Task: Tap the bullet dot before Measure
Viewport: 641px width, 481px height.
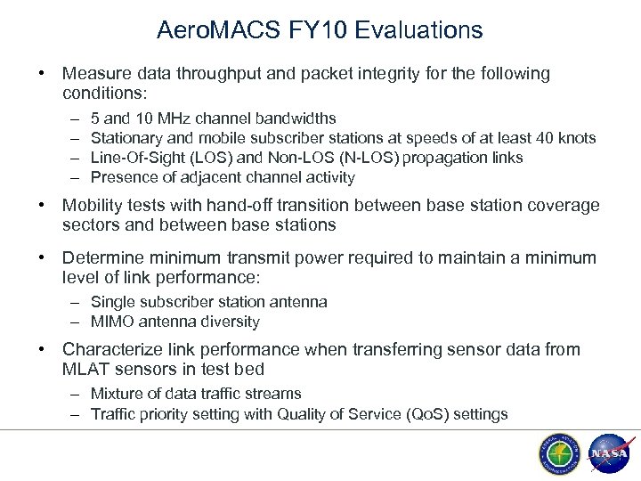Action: coord(43,73)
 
